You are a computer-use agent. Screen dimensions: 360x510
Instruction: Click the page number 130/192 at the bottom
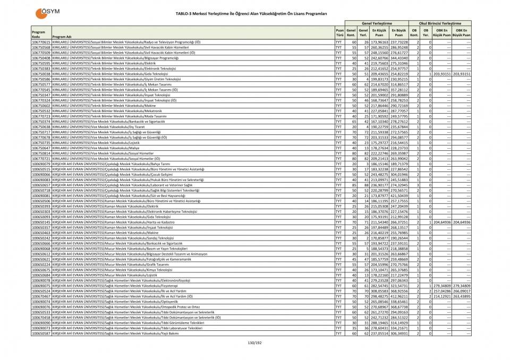pos(255,342)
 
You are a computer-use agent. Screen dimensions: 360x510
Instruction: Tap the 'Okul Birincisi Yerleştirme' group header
pos(440,23)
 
